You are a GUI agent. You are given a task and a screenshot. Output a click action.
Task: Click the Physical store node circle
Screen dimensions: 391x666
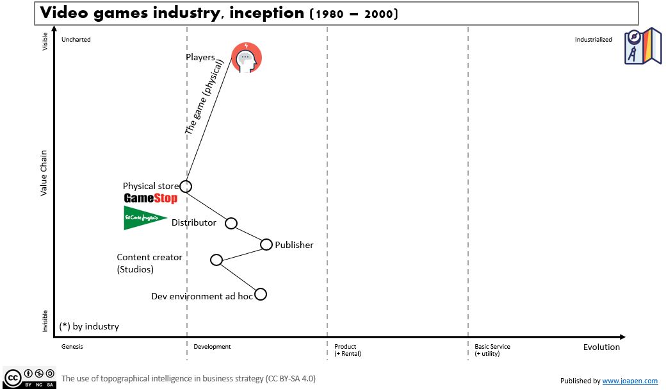186,187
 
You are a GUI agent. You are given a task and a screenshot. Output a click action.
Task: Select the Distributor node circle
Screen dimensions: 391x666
232,223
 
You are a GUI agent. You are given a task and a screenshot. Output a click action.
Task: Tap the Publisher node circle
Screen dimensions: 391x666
266,244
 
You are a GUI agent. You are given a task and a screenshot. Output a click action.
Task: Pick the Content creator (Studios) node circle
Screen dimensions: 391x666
216,260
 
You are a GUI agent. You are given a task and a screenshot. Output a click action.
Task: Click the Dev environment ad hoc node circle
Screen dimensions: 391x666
260,294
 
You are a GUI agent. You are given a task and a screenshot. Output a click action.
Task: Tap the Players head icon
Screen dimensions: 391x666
247,58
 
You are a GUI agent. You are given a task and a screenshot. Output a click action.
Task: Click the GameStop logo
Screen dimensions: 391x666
150,199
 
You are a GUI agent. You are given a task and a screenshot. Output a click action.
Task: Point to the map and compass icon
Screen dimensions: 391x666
643,46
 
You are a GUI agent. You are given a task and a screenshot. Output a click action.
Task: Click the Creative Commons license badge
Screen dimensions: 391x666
29,378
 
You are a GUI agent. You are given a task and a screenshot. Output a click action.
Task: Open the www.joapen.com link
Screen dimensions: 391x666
629,381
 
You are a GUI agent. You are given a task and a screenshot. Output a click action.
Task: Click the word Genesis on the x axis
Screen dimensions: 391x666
72,347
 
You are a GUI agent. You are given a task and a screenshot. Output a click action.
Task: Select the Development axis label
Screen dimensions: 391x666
212,347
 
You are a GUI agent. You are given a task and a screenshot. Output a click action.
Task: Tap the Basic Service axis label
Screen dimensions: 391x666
492,347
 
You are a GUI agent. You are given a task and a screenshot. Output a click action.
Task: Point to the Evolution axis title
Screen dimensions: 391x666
601,347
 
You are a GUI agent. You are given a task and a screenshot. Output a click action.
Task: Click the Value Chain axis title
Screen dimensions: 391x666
44,172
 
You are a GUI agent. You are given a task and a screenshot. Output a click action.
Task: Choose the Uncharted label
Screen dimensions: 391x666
76,40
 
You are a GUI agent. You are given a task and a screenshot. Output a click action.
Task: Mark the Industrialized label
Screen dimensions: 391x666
593,40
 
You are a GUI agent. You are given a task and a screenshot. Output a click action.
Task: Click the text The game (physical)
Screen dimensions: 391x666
204,97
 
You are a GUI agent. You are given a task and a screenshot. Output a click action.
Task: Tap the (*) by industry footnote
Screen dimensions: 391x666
89,326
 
